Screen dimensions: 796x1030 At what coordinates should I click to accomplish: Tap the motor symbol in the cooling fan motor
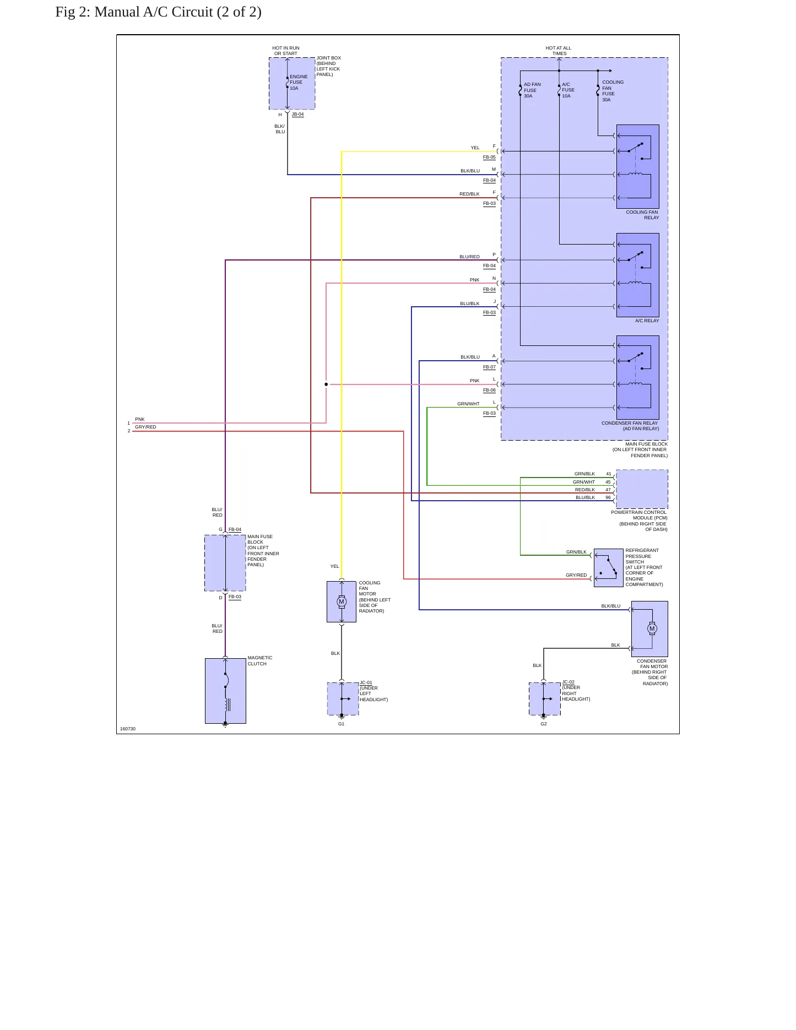(x=342, y=601)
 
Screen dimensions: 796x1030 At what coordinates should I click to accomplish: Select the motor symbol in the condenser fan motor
(x=652, y=628)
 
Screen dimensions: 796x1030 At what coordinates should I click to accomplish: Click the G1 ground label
(x=342, y=724)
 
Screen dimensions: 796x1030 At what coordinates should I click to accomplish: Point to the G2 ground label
(x=544, y=724)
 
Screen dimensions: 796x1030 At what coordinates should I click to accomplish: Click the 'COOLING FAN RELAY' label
(x=642, y=215)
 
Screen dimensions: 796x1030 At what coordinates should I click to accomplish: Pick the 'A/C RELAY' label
(x=647, y=321)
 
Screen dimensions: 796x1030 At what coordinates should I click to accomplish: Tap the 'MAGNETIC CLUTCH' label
(x=260, y=660)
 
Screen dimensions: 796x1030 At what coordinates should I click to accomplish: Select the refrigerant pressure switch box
(x=609, y=567)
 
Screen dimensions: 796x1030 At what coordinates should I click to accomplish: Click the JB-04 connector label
(x=297, y=114)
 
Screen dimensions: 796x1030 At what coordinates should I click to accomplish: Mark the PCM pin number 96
(x=608, y=497)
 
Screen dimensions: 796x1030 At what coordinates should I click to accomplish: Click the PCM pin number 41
(x=608, y=474)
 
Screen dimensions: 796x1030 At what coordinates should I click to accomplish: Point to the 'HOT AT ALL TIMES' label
(x=559, y=51)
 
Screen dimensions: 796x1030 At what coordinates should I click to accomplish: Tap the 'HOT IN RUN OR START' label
(x=286, y=51)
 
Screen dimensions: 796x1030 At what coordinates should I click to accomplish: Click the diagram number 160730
(x=128, y=729)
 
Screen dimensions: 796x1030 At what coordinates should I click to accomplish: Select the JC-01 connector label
(x=366, y=682)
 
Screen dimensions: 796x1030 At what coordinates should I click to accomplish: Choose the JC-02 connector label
(x=568, y=682)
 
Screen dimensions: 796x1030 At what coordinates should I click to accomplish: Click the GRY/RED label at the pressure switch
(x=576, y=575)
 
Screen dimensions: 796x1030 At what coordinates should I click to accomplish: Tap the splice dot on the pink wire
(x=326, y=384)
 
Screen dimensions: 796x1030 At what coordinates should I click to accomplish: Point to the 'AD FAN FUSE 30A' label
(x=532, y=90)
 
